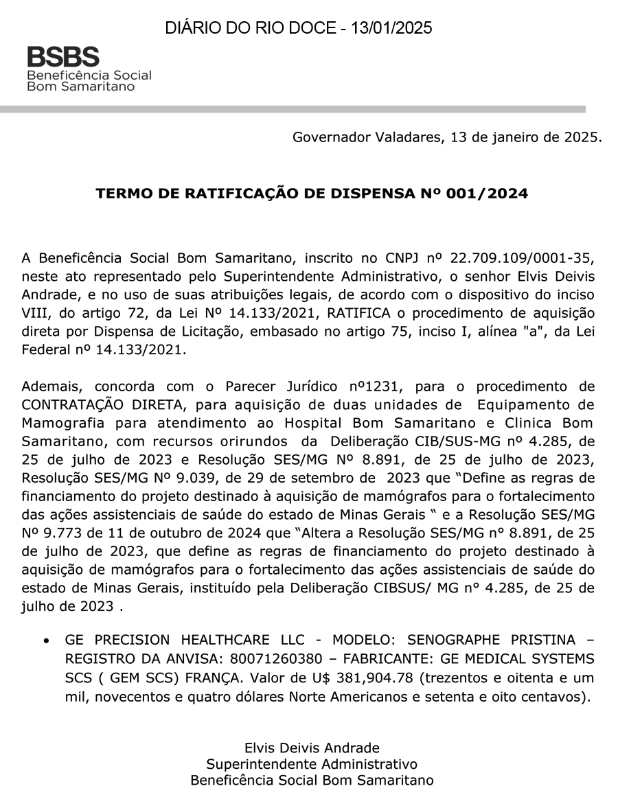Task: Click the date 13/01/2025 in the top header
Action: (391, 28)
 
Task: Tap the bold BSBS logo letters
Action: (63, 57)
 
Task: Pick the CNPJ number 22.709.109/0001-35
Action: (519, 259)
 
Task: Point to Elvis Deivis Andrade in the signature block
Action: (312, 748)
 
